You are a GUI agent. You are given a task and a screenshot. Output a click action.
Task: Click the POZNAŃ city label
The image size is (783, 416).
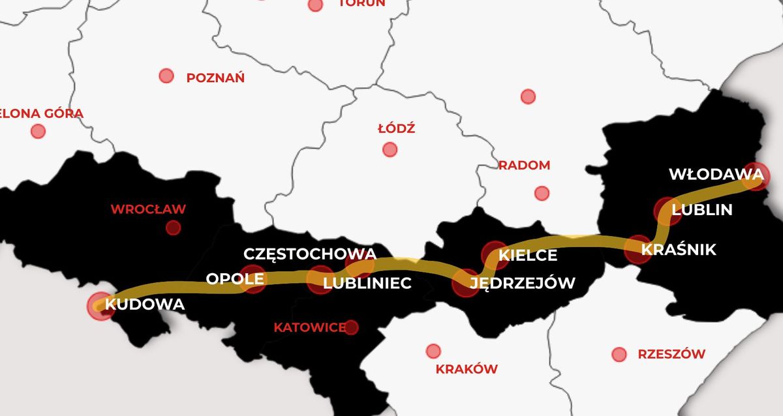pos(215,78)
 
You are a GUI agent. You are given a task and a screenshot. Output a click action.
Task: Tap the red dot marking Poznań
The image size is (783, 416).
pos(166,76)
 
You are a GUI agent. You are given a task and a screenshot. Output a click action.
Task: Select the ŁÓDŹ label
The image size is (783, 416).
pos(396,128)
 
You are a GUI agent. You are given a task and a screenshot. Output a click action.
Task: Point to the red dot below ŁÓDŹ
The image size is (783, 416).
pos(390,149)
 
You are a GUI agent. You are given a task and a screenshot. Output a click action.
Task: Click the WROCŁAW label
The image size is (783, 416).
pos(148,209)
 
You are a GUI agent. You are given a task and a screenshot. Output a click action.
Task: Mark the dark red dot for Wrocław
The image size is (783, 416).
pos(173,228)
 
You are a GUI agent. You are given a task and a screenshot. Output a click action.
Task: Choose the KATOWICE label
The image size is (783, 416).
pos(309,327)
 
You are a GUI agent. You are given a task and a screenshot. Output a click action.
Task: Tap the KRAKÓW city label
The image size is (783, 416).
pos(467,369)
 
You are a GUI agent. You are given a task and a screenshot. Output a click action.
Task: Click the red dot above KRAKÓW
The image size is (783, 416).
pos(433,351)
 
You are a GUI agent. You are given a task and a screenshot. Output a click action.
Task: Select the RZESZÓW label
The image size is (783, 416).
pos(671,355)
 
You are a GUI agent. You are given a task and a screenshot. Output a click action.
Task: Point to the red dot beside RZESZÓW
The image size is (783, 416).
pos(619,355)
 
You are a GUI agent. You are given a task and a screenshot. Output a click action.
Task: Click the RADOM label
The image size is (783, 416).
pos(524,166)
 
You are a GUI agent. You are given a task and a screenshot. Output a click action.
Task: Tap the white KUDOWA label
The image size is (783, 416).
pos(145,304)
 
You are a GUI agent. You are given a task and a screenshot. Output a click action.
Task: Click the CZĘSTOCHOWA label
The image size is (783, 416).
pos(310,254)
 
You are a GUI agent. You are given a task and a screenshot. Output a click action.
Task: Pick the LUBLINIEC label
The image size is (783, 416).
pos(367,283)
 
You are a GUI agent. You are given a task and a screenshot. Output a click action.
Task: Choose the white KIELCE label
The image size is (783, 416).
pos(528,256)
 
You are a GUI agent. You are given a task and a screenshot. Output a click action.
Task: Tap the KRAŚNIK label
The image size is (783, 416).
pos(679,250)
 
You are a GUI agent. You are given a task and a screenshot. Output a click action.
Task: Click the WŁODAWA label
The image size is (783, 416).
pos(716,175)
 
